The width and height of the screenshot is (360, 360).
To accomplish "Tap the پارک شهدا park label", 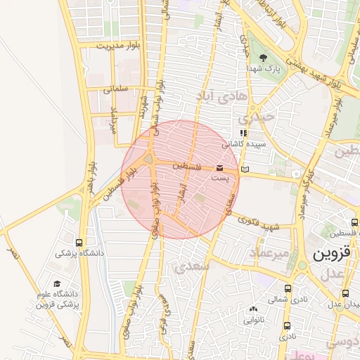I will [263, 70].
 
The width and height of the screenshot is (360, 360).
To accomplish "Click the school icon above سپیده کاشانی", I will [243, 132].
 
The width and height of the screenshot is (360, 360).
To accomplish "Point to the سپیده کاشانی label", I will [239, 143].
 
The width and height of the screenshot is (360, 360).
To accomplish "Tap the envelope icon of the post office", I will [220, 169].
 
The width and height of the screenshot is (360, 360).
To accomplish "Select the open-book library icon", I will [245, 169].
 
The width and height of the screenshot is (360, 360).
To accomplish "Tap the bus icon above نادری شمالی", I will [288, 288].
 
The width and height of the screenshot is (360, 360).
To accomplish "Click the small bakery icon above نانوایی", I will [253, 309].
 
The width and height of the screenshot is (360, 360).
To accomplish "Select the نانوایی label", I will [253, 319].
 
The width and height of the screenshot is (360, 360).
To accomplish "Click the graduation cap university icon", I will [56, 283].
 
